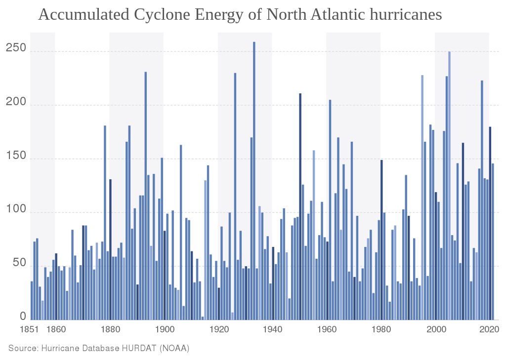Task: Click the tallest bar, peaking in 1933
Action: (x=254, y=181)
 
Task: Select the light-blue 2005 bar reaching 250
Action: (x=450, y=186)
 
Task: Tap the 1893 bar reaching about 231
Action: (x=146, y=196)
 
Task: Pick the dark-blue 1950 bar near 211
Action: (x=300, y=206)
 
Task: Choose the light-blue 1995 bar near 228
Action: (x=422, y=198)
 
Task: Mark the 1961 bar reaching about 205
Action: (x=330, y=210)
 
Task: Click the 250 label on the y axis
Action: (x=16, y=48)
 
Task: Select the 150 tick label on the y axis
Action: (x=16, y=156)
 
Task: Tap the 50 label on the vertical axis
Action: (x=19, y=263)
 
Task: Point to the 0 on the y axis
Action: (x=23, y=316)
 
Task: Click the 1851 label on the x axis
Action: (x=29, y=330)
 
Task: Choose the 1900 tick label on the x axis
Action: (x=165, y=330)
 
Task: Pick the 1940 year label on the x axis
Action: (x=273, y=330)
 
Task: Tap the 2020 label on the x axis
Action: (x=490, y=330)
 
